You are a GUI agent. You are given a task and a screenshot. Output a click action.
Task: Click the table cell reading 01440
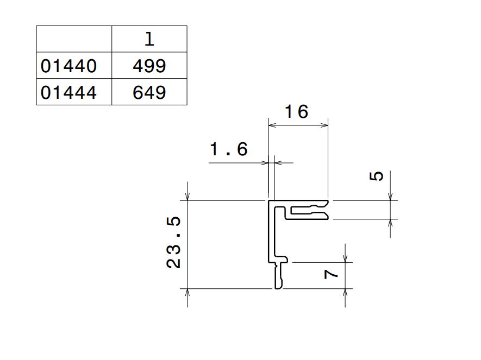click(74, 65)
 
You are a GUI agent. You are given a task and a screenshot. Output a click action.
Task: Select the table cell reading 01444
click(74, 92)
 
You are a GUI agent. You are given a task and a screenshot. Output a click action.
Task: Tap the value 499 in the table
click(149, 65)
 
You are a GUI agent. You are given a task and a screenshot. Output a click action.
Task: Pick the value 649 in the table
click(149, 92)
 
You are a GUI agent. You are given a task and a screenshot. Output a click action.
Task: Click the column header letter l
click(149, 39)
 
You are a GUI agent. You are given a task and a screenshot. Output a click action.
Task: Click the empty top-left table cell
click(74, 39)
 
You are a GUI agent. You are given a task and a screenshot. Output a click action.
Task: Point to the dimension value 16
click(296, 111)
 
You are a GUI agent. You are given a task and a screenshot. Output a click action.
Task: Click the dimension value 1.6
click(229, 149)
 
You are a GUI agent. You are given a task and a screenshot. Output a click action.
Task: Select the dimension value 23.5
click(173, 242)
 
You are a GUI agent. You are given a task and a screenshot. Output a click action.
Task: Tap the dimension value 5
click(377, 176)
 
